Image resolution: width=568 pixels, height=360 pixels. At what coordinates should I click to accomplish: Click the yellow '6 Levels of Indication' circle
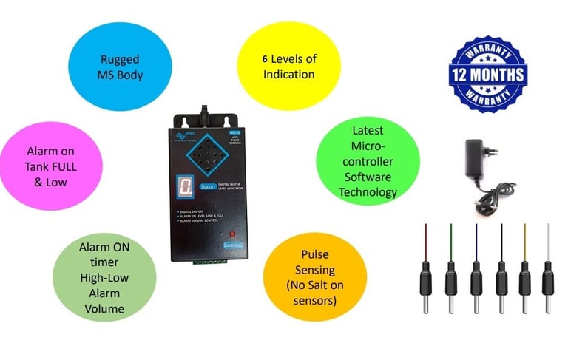[x=288, y=66]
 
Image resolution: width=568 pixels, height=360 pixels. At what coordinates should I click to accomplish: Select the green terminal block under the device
[x=209, y=259]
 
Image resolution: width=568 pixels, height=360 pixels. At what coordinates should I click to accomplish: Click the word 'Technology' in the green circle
[x=368, y=192]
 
